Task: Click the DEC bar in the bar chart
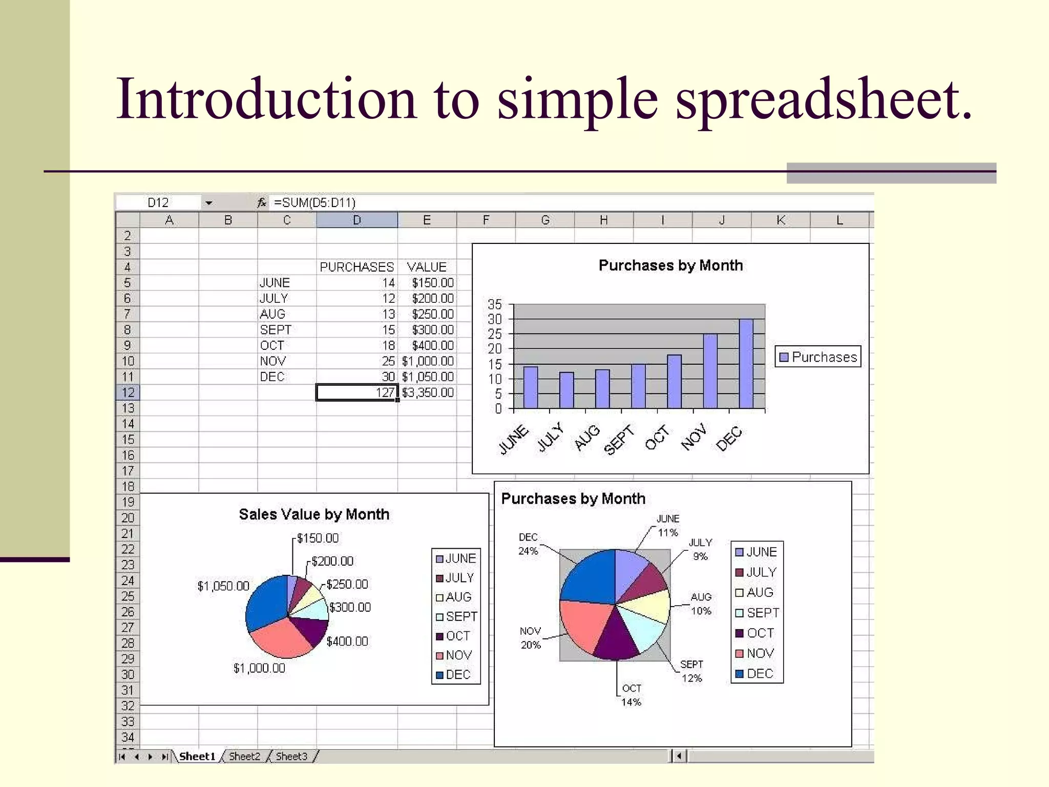pyautogui.click(x=746, y=364)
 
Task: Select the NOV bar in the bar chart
pyautogui.click(x=710, y=371)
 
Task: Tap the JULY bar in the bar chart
pyautogui.click(x=566, y=390)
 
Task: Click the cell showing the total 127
pyautogui.click(x=356, y=392)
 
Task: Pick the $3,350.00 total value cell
pyautogui.click(x=428, y=392)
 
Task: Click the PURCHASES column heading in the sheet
pyautogui.click(x=356, y=267)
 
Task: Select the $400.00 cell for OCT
pyautogui.click(x=432, y=345)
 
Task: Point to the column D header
pyautogui.click(x=356, y=220)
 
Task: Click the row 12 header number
pyautogui.click(x=128, y=392)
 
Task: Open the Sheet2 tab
pyautogui.click(x=244, y=756)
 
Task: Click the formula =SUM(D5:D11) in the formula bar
pyautogui.click(x=314, y=202)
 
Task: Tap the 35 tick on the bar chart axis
pyautogui.click(x=495, y=304)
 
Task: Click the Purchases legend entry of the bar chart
pyautogui.click(x=818, y=357)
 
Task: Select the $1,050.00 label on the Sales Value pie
pyautogui.click(x=223, y=586)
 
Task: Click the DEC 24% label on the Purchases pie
pyautogui.click(x=528, y=544)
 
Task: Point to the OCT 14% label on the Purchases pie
pyautogui.click(x=631, y=695)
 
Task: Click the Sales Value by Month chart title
pyautogui.click(x=314, y=514)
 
